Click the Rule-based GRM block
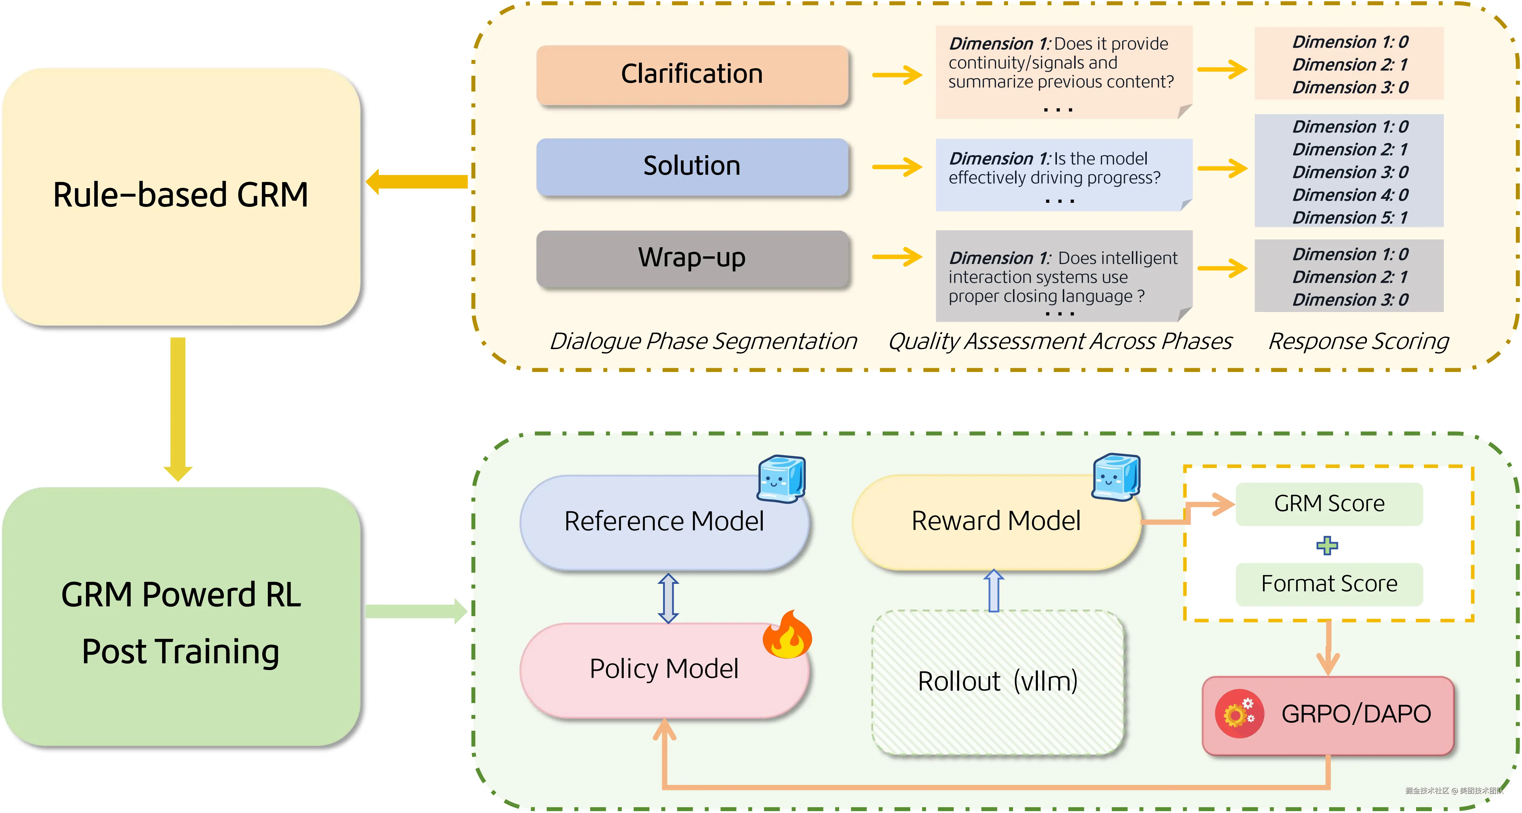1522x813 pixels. pos(181,195)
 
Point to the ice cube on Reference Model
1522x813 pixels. pos(781,478)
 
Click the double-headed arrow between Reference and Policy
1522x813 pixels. pos(668,598)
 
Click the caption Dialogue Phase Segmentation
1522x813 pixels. pos(703,342)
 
